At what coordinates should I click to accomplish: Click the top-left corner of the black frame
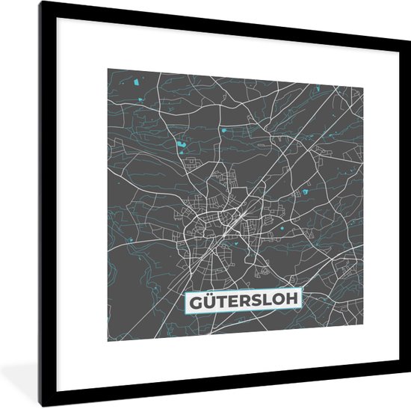42,3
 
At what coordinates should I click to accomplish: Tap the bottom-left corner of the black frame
42,406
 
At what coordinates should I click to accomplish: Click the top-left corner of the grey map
108,70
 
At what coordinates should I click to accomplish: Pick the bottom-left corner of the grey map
108,341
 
